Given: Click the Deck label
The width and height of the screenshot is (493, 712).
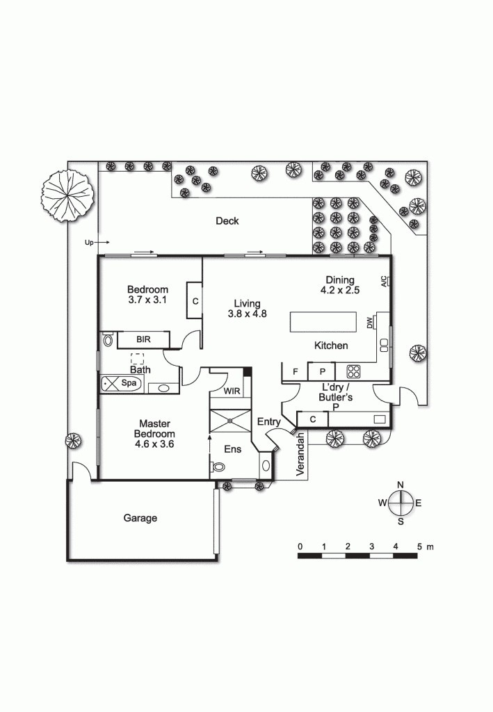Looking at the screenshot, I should [x=227, y=221].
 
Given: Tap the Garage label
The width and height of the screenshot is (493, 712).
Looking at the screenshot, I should [x=140, y=518].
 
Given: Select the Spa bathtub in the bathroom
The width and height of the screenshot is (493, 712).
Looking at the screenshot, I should [x=122, y=383].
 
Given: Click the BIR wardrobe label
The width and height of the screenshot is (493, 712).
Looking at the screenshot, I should [x=143, y=340].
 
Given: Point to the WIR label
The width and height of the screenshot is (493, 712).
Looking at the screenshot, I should [x=232, y=391].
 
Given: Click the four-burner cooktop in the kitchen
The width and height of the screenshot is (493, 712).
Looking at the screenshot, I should [x=354, y=371].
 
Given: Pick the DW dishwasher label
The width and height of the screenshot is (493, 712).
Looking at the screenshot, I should [x=370, y=322].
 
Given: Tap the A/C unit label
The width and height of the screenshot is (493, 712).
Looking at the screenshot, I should [x=383, y=282].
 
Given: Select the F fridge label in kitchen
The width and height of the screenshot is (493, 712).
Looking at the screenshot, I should [x=296, y=372].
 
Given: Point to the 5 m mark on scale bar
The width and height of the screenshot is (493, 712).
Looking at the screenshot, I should [x=419, y=547].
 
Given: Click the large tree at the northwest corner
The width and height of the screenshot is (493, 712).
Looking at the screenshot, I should [x=67, y=194].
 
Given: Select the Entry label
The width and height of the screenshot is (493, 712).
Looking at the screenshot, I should [x=268, y=422].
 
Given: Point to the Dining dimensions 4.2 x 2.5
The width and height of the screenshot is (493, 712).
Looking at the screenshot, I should [x=340, y=291].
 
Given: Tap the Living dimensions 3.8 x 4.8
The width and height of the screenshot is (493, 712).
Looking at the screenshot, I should [x=247, y=314].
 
